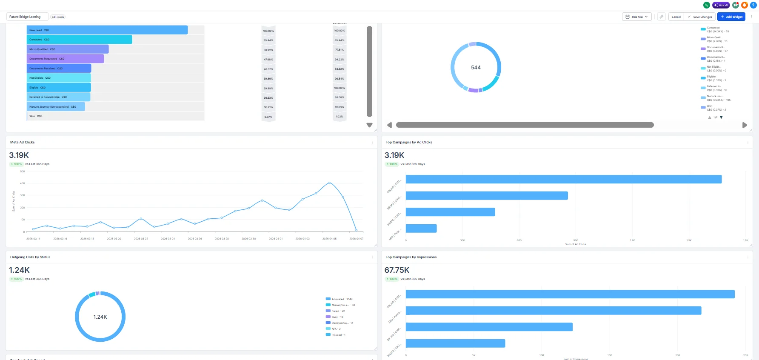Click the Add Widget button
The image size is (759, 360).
pyautogui.click(x=731, y=17)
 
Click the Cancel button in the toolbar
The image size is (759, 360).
pyautogui.click(x=676, y=17)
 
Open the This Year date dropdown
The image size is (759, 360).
pyautogui.click(x=637, y=17)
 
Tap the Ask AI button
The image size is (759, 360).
pyautogui.click(x=721, y=5)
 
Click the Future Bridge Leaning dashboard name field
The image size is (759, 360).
pyautogui.click(x=27, y=17)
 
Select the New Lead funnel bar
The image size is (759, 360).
pyautogui.click(x=107, y=30)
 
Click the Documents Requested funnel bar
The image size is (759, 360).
pyautogui.click(x=65, y=59)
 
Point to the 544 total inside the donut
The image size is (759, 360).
pyautogui.click(x=476, y=68)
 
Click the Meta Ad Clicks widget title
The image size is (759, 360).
pyautogui.click(x=23, y=142)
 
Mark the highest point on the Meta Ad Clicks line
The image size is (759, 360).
pyautogui.click(x=329, y=183)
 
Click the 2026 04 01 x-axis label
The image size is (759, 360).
pyautogui.click(x=275, y=239)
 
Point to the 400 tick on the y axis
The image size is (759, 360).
pyautogui.click(x=23, y=183)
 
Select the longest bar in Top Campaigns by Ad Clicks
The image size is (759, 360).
pyautogui.click(x=563, y=179)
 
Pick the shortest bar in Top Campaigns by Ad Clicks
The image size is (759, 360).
pyautogui.click(x=421, y=229)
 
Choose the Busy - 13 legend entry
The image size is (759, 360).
pyautogui.click(x=337, y=317)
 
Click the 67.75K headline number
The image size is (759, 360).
pyautogui.click(x=397, y=270)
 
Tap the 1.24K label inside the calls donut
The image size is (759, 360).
pyautogui.click(x=100, y=317)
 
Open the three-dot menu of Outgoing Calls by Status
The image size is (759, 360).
pyautogui.click(x=373, y=257)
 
